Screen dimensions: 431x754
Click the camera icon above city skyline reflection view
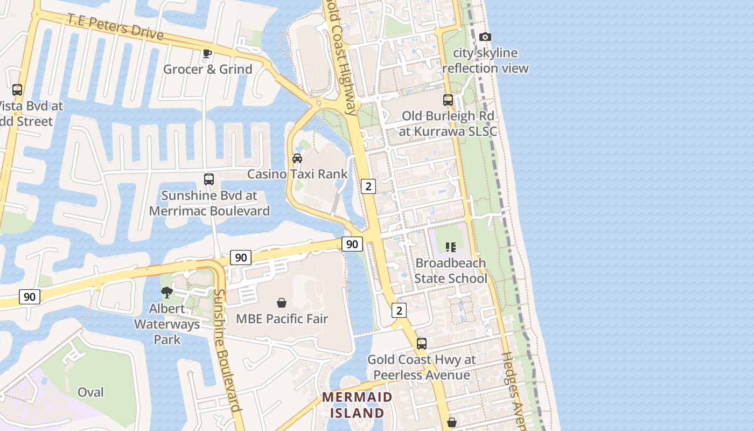point(485,37)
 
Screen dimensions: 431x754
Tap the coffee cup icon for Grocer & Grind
point(207,53)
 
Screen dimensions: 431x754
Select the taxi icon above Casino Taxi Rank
point(297,158)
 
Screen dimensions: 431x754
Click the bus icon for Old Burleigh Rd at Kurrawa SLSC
point(448,100)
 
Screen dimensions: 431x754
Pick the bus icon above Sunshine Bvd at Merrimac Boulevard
point(209,179)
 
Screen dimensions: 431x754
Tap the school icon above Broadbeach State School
point(451,247)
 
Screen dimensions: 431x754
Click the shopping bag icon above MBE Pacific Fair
point(281,303)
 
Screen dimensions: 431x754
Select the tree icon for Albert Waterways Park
point(167,293)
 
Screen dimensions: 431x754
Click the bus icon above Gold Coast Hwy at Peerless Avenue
point(422,344)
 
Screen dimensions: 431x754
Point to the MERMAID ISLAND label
point(358,405)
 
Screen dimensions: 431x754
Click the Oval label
point(90,392)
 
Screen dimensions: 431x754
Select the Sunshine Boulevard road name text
point(227,350)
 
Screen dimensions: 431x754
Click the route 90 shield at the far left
point(30,296)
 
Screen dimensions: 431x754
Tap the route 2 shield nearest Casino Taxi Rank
point(368,186)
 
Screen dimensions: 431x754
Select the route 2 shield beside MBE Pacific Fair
point(399,310)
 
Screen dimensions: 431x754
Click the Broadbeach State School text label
point(451,270)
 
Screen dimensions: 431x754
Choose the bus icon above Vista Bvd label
point(17,90)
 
